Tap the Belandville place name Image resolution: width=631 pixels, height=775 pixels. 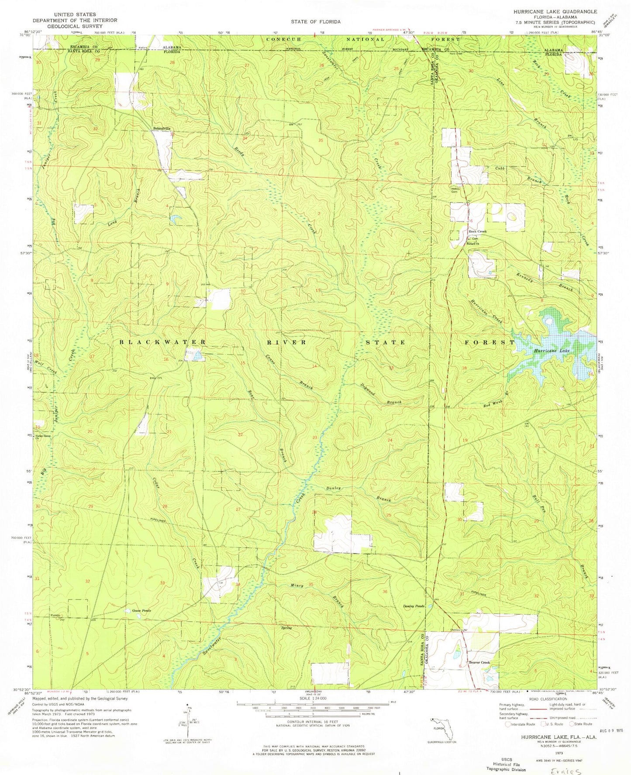(161, 128)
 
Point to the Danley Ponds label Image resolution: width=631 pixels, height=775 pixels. (414, 606)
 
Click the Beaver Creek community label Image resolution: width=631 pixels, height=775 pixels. (479, 662)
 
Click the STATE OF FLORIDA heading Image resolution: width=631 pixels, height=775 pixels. (315, 21)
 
